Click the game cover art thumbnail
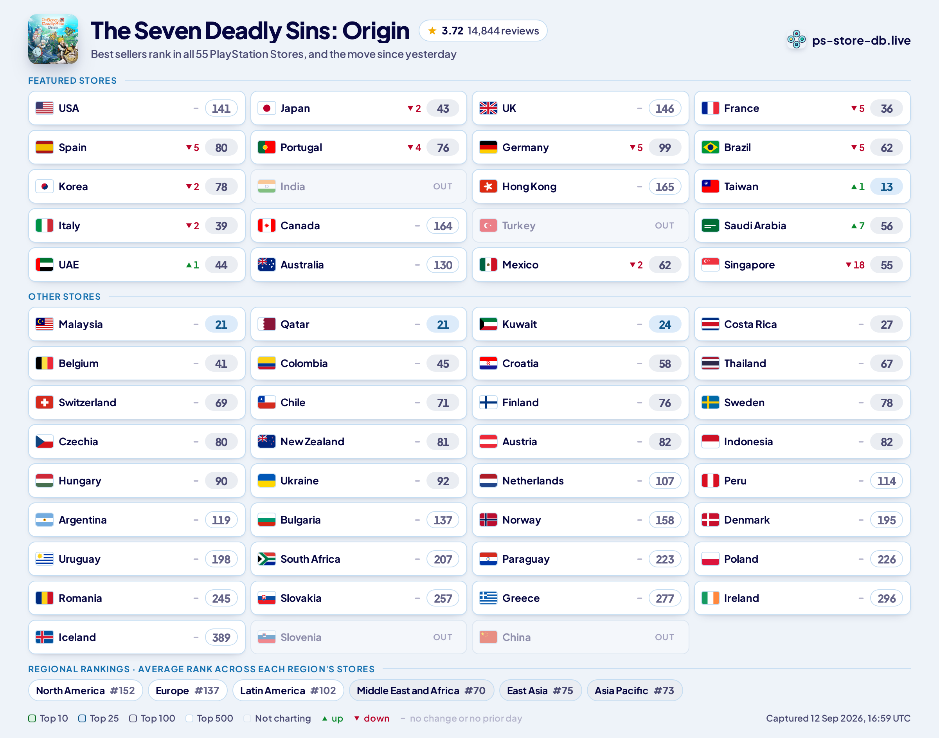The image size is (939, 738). tap(53, 39)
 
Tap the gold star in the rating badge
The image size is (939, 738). tap(432, 31)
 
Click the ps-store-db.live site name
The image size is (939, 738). tap(861, 40)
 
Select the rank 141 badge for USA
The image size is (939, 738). tap(221, 108)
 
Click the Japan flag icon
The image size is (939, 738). tap(266, 108)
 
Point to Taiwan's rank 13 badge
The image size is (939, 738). tap(886, 187)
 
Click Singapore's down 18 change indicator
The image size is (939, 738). tap(855, 265)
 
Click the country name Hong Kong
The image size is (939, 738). tap(529, 187)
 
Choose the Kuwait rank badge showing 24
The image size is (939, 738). tap(665, 324)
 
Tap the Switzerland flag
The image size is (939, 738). tap(45, 403)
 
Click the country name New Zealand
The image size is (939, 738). tap(312, 442)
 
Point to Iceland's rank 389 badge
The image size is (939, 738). tap(221, 637)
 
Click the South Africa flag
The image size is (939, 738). tap(266, 559)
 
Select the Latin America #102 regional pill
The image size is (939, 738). tap(288, 691)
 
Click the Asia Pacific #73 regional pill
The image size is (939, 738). tap(635, 691)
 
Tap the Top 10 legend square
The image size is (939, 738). tap(32, 718)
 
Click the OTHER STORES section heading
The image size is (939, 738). tap(64, 297)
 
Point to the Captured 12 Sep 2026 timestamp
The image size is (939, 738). tap(838, 718)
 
